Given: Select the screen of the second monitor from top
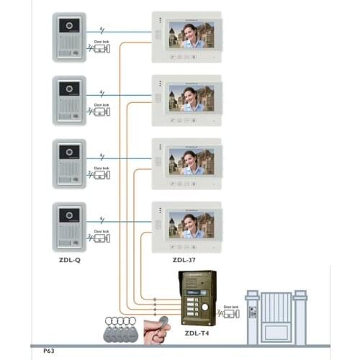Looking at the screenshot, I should [x=191, y=98].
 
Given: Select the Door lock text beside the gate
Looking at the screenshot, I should [x=230, y=307].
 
